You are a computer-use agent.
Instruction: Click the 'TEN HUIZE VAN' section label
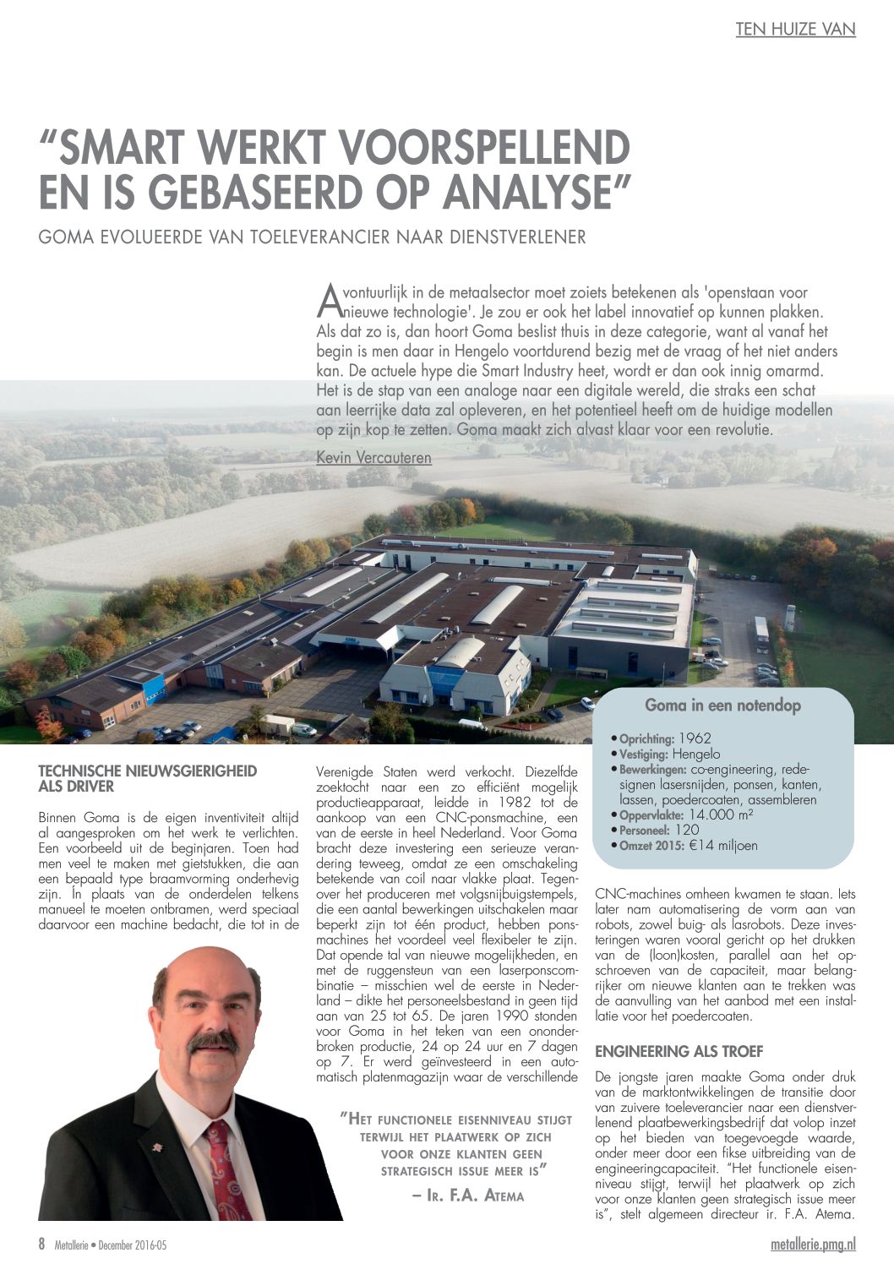coord(795,30)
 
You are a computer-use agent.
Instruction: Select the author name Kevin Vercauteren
coord(373,458)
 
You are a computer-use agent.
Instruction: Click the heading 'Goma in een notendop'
coord(722,705)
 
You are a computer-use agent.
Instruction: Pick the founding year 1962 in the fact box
coord(695,738)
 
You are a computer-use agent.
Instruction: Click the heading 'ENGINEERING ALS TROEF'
coord(679,1052)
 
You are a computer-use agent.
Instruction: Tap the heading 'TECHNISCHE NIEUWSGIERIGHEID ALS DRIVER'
coord(148,778)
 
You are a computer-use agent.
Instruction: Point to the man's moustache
coord(213,1041)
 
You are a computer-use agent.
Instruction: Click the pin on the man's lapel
coord(156,1147)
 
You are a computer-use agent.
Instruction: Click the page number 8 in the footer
coord(41,1245)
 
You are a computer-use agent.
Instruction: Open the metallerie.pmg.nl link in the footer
coord(813,1245)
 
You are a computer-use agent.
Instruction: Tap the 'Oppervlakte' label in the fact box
coord(651,815)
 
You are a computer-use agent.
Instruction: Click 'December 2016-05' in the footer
coord(132,1245)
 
